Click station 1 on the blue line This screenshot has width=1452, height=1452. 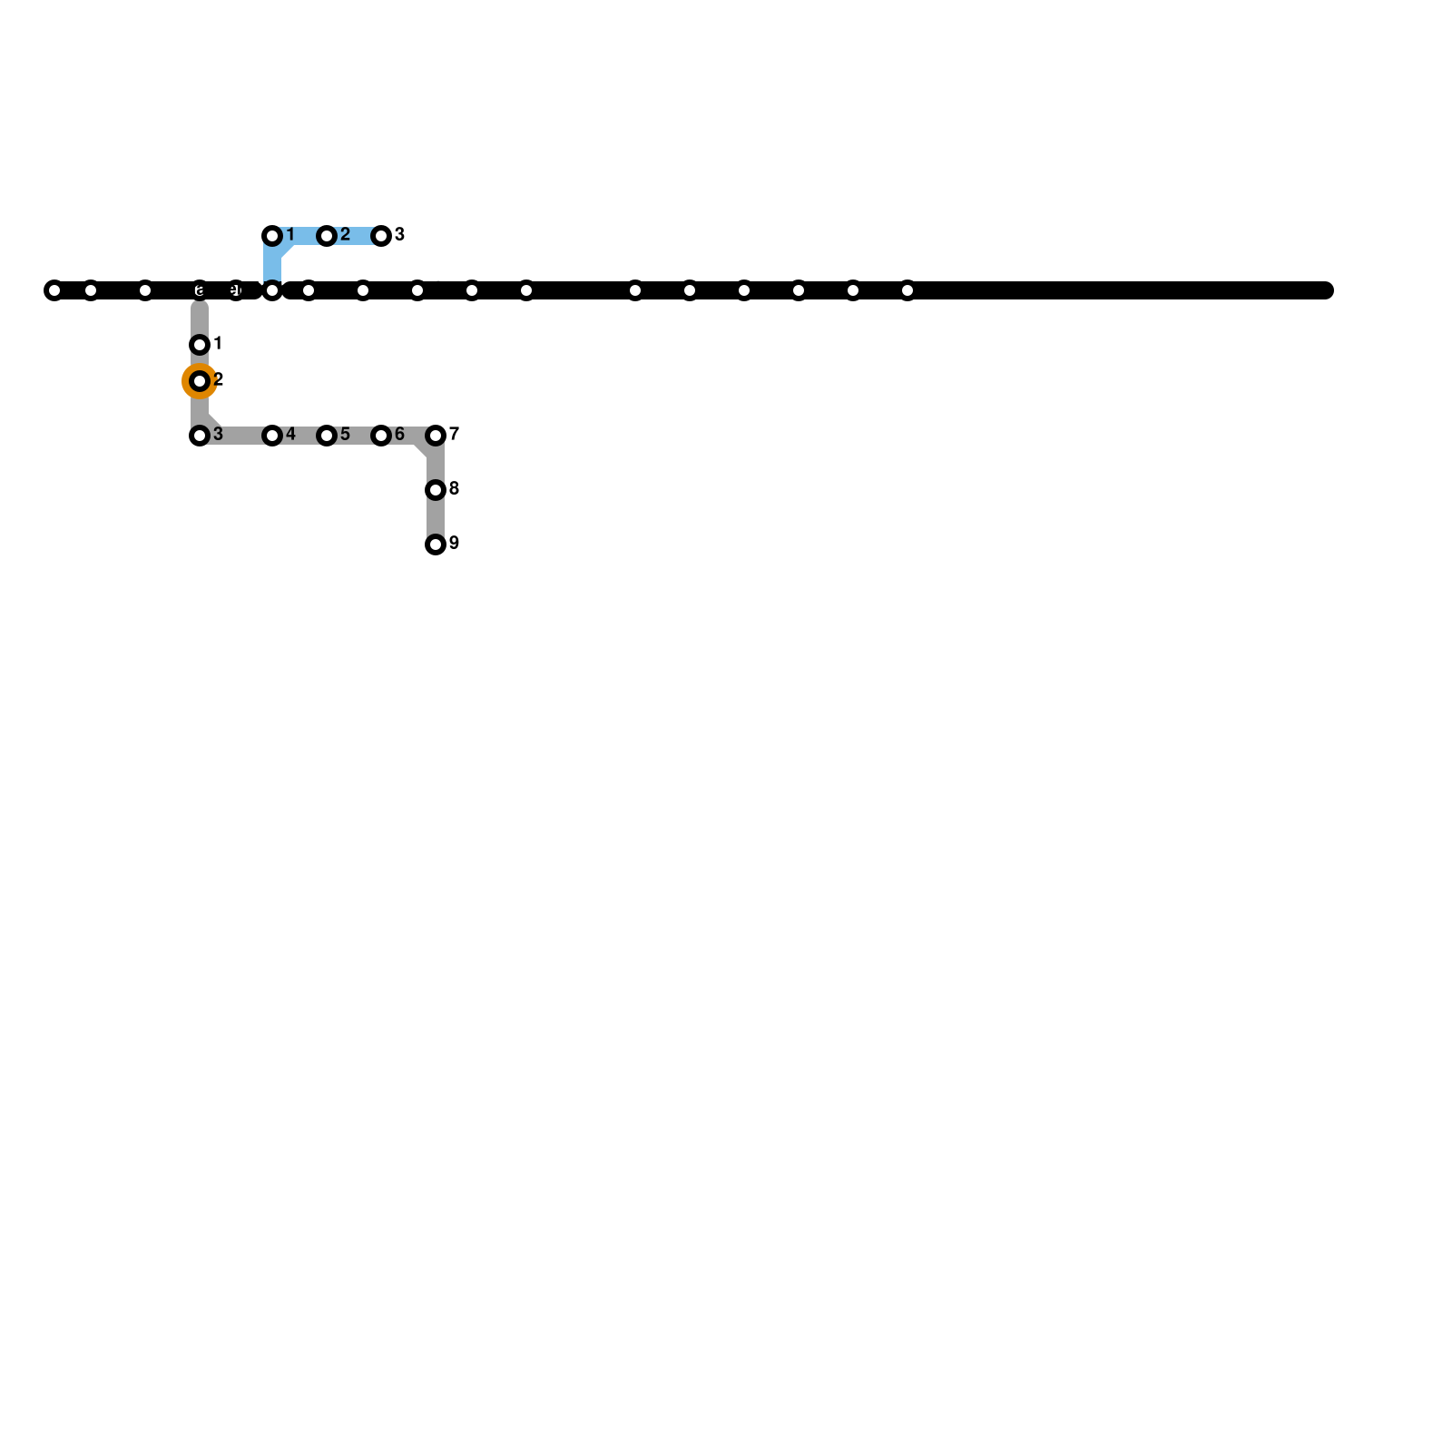272,236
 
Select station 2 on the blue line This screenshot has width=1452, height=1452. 327,236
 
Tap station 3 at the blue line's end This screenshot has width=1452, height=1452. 381,236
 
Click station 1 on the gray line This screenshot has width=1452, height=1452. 200,345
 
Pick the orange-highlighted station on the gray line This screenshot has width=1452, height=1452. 200,381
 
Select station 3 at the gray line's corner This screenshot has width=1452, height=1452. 200,436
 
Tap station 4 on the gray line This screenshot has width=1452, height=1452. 272,436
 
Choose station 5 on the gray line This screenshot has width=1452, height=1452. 327,436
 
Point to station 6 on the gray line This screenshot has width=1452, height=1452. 381,436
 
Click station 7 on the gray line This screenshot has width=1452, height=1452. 436,436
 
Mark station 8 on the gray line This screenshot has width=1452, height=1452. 436,490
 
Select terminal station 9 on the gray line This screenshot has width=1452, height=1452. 436,544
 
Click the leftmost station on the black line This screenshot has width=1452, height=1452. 54,290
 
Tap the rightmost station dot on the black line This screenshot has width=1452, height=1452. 907,290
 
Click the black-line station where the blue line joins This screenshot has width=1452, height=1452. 272,290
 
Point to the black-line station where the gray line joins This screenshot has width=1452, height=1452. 200,290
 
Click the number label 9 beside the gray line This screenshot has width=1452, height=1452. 454,544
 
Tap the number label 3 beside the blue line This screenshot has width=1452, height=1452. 399,235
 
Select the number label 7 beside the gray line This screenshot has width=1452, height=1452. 454,434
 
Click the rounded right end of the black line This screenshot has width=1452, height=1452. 1326,290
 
